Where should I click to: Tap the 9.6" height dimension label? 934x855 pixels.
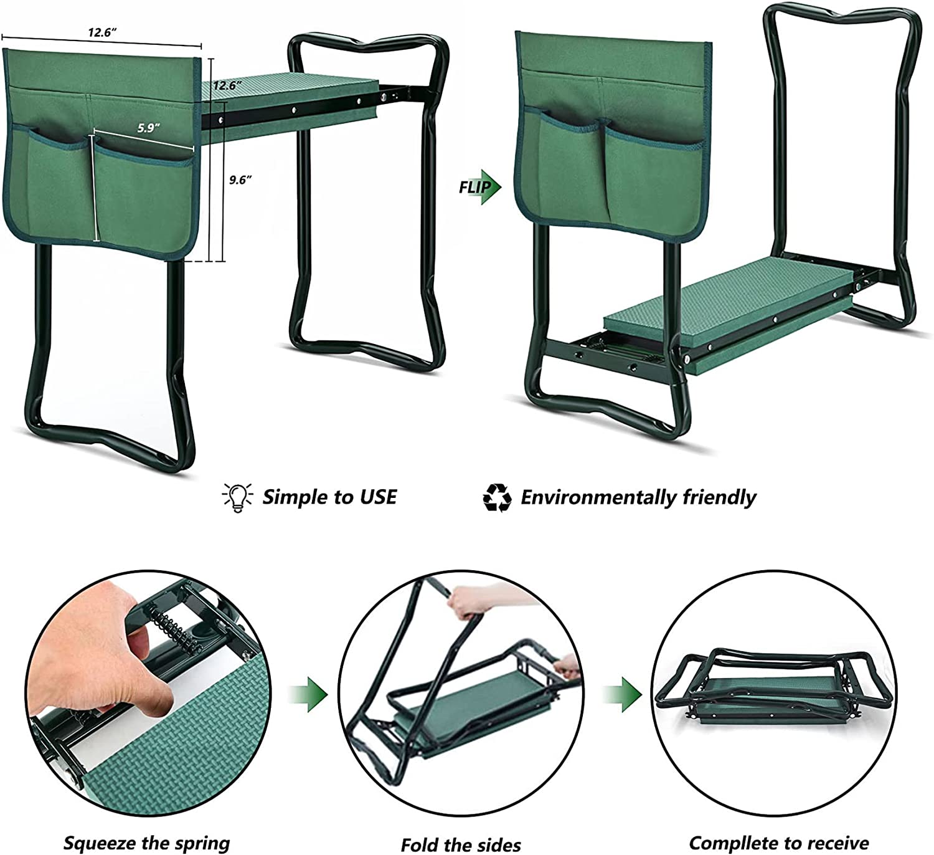(240, 180)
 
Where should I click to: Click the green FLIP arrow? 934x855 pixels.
(480, 187)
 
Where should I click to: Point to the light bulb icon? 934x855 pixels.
(237, 497)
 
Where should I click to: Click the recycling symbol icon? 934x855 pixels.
(497, 497)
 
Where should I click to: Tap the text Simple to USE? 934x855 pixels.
(329, 497)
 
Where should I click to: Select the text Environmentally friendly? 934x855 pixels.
(638, 497)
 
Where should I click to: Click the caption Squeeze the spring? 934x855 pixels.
(147, 843)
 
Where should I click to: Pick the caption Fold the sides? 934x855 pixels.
(461, 844)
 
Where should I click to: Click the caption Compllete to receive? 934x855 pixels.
(779, 843)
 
